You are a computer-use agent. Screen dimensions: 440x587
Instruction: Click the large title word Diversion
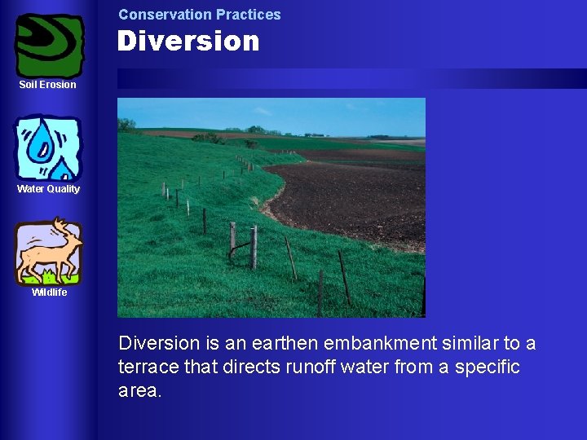188,42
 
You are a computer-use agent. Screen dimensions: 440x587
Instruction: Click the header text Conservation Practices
199,15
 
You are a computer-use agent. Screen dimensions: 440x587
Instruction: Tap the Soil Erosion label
47,85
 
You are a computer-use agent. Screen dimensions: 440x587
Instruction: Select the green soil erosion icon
49,46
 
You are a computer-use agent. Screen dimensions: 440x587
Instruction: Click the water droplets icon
49,148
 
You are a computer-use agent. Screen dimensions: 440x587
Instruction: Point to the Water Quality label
49,189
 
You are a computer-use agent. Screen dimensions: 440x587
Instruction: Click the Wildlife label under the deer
49,293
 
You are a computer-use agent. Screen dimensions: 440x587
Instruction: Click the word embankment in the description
383,343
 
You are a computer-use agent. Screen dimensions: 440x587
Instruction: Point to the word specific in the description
488,367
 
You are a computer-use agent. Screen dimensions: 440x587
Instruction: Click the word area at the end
139,390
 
